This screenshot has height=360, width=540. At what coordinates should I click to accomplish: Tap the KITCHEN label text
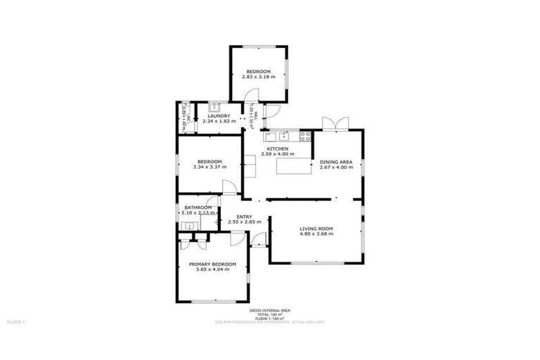[277, 148]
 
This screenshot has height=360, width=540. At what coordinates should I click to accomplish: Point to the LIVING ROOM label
[316, 229]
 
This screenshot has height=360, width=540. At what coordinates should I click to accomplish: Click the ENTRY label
[244, 217]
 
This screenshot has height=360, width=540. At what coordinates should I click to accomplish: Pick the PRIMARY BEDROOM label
[212, 264]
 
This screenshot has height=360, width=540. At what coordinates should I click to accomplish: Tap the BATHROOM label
[198, 207]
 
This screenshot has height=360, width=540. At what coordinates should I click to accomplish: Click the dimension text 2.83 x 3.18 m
[259, 77]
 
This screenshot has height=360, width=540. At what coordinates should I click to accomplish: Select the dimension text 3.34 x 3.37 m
[209, 167]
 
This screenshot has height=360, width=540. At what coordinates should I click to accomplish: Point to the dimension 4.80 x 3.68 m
[316, 233]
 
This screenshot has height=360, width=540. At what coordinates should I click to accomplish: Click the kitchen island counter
[293, 166]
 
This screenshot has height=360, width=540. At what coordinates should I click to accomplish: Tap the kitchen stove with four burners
[305, 136]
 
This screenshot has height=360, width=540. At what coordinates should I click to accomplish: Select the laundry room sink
[215, 108]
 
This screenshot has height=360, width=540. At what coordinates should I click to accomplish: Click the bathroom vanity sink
[188, 226]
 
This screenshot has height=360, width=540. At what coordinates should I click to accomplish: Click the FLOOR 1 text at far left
[16, 321]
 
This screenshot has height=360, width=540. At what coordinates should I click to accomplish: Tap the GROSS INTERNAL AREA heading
[270, 310]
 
